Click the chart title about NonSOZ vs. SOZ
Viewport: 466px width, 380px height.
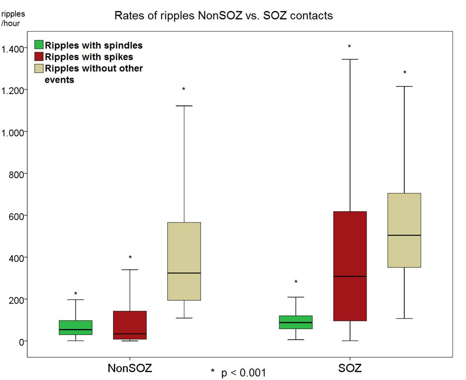tap(223, 16)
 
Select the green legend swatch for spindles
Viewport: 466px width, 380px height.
tap(39, 45)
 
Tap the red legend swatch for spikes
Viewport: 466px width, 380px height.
tap(39, 56)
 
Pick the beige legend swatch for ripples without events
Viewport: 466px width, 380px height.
tap(39, 68)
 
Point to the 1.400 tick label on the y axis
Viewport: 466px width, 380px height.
tap(13, 49)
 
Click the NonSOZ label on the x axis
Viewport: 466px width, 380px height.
tap(129, 369)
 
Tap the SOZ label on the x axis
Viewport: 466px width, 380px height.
tap(350, 369)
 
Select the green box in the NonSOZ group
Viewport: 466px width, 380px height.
tap(76, 328)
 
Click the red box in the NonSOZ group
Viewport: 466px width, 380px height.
tap(130, 325)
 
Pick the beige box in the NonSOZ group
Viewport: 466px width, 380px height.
tap(184, 261)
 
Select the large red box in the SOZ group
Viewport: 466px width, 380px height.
tap(350, 266)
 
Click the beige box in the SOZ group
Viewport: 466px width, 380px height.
tap(404, 230)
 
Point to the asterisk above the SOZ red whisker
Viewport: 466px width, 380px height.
tap(349, 47)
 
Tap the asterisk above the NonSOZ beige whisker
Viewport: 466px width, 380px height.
tap(184, 89)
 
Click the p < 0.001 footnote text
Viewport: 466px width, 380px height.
tap(238, 373)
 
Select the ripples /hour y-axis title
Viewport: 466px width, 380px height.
tap(13, 19)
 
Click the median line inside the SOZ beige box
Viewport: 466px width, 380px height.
tap(404, 235)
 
